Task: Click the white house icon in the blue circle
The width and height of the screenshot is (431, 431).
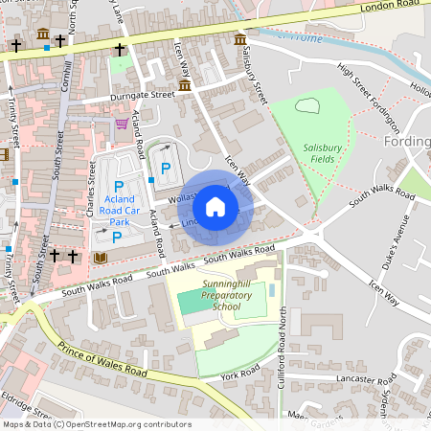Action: point(215,207)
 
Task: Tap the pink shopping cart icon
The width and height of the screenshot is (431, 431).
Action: point(122,124)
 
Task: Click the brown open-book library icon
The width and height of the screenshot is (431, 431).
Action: point(101,258)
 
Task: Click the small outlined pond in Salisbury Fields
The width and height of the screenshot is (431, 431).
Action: point(308,107)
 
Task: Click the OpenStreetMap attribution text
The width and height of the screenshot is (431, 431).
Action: point(96,424)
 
